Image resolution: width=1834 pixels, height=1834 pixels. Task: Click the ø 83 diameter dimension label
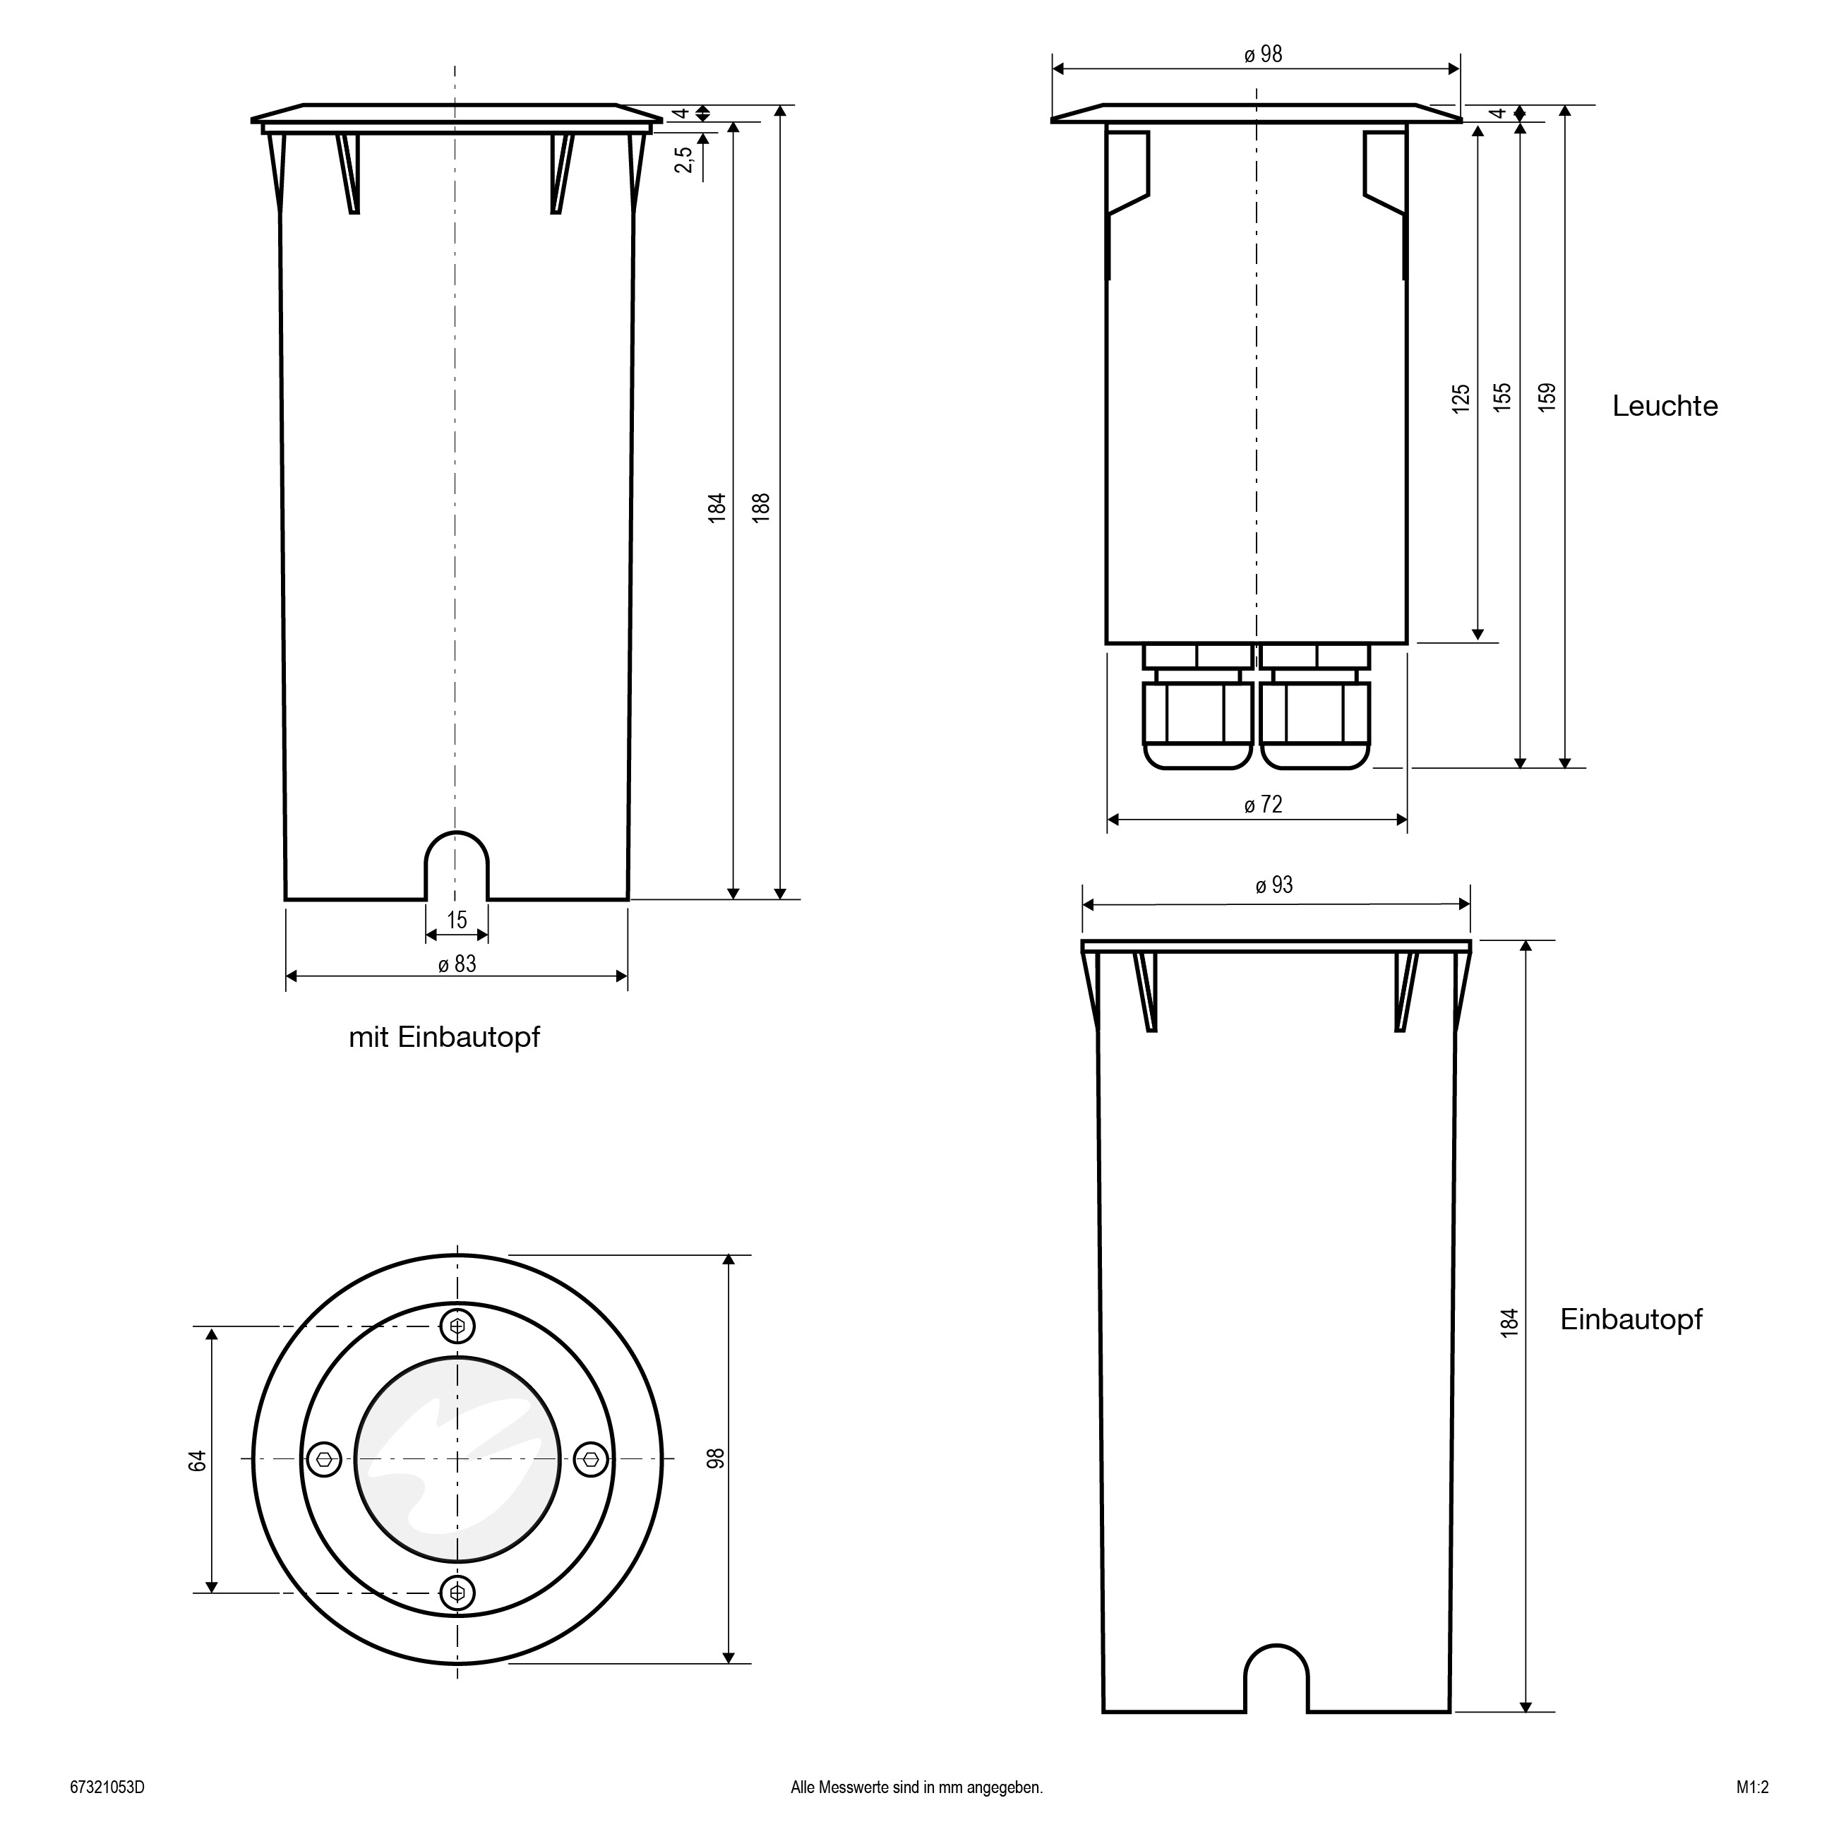[457, 964]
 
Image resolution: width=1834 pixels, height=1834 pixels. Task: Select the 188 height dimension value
[760, 507]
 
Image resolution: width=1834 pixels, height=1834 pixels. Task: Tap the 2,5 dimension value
[683, 160]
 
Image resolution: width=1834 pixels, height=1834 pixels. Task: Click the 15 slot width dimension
[457, 919]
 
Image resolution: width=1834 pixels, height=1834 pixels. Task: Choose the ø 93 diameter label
[1274, 885]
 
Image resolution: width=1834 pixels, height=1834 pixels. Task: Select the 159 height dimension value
[1547, 396]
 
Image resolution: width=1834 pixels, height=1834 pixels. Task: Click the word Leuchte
[1665, 407]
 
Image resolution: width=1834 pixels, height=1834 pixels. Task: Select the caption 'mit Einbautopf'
[444, 1036]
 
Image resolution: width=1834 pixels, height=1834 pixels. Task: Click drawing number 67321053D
[107, 1787]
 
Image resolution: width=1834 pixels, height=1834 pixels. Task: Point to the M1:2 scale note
[1752, 1787]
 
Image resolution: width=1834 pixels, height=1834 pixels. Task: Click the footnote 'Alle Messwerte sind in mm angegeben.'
[917, 1787]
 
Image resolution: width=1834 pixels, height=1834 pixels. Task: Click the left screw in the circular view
[325, 1460]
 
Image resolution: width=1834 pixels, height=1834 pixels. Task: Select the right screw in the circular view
[592, 1460]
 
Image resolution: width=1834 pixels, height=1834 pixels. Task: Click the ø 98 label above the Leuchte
[1264, 55]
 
